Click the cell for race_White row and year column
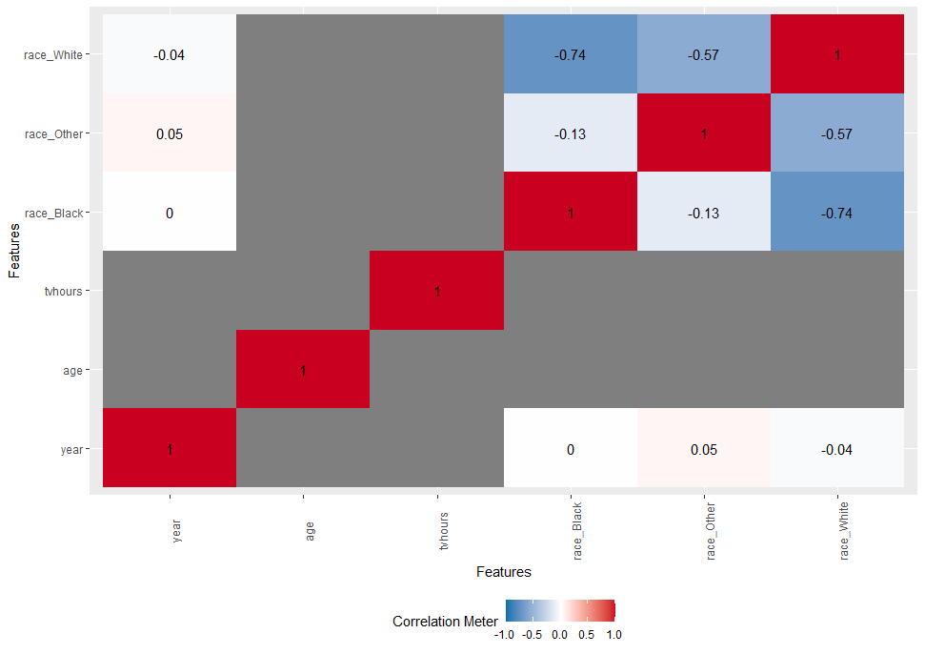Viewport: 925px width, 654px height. pyautogui.click(x=169, y=55)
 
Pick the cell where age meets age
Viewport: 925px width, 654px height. pyautogui.click(x=303, y=369)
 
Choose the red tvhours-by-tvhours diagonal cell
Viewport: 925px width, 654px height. pyautogui.click(x=436, y=291)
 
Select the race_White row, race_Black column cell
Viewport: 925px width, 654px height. pyautogui.click(x=570, y=55)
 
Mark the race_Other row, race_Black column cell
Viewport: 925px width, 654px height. pyautogui.click(x=570, y=133)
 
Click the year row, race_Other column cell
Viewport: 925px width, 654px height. pyautogui.click(x=703, y=448)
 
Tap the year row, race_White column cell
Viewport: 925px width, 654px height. pyautogui.click(x=837, y=448)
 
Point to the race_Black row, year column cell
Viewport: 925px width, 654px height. pyautogui.click(x=169, y=213)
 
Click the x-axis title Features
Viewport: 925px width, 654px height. pyautogui.click(x=503, y=572)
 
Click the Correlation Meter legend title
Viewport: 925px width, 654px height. pyautogui.click(x=445, y=622)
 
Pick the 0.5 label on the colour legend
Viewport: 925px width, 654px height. pyautogui.click(x=586, y=633)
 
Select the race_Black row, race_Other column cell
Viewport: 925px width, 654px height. pyautogui.click(x=703, y=213)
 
